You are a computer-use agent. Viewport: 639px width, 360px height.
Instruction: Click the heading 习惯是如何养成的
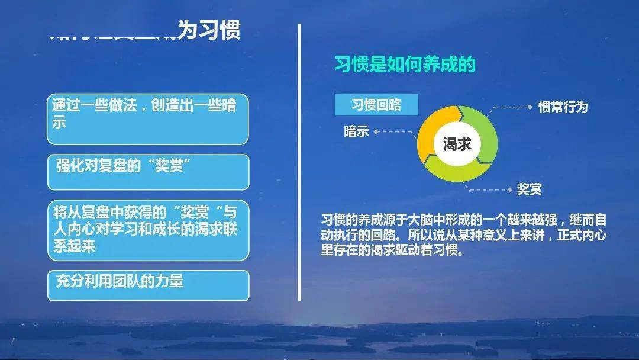point(405,65)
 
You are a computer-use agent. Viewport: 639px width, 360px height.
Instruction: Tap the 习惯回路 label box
point(376,105)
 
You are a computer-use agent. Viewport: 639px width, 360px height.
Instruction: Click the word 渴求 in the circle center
point(457,143)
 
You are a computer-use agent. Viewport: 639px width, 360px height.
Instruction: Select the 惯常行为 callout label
point(563,107)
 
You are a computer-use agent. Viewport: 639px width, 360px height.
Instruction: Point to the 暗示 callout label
point(356,131)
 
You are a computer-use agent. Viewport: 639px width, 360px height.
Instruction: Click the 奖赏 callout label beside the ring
point(529,189)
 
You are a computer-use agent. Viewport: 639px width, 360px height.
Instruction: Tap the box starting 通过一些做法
point(148,118)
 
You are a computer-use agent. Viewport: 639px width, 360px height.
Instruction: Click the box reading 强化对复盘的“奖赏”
point(148,172)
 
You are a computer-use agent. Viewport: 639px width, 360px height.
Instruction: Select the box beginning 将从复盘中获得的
point(148,230)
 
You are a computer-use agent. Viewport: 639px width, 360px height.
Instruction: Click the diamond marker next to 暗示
point(376,132)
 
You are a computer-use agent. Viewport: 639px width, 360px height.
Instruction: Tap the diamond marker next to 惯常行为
point(530,107)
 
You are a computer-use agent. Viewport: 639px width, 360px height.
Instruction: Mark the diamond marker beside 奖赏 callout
point(510,189)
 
